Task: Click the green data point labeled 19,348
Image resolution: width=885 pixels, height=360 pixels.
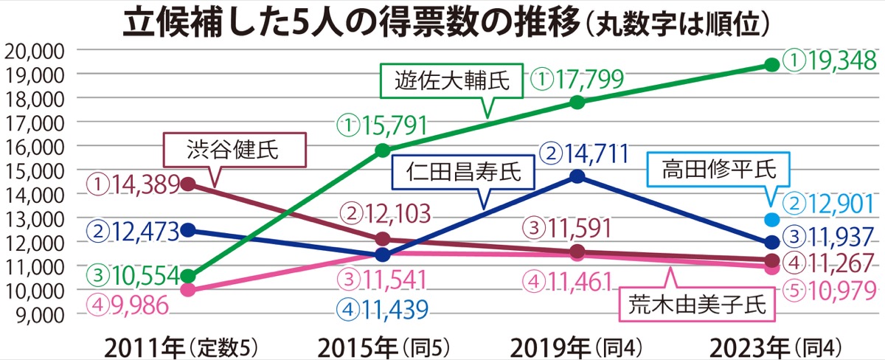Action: coord(772,65)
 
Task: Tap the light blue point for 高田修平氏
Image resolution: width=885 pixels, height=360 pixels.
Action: coord(772,219)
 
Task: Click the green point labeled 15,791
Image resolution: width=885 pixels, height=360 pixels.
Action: coord(383,150)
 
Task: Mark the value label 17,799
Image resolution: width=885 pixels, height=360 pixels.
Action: coord(580,77)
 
